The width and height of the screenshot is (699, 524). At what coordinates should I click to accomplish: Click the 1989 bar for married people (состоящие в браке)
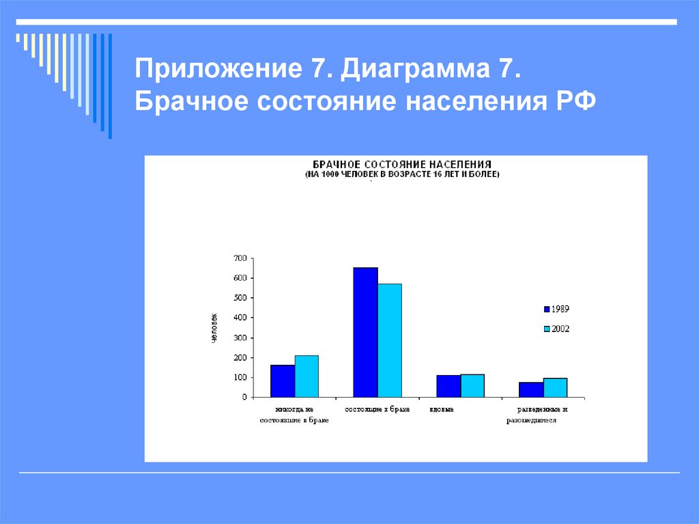pos(365,332)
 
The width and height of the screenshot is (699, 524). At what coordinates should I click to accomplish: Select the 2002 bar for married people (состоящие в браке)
pos(390,340)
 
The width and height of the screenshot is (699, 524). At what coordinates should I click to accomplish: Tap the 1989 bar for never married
pos(283,381)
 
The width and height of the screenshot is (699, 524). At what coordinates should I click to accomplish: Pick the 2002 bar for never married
pos(306,376)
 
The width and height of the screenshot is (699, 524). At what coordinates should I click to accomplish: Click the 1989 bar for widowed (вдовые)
pos(448,386)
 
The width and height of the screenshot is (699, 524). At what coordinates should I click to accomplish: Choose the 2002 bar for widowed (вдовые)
pos(472,385)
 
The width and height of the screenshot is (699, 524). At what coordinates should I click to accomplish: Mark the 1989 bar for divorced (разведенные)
pos(531,389)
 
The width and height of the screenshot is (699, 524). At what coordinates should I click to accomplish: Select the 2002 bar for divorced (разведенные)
pos(555,387)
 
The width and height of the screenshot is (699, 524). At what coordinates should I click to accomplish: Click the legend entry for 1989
pos(556,309)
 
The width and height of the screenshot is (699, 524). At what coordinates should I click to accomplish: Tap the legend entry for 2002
pos(556,329)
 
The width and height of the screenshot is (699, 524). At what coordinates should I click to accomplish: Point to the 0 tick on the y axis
pos(244,397)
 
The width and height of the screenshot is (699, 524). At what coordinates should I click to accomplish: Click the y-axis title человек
pos(214,328)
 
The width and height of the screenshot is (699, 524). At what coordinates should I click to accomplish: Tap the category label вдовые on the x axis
pos(442,409)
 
